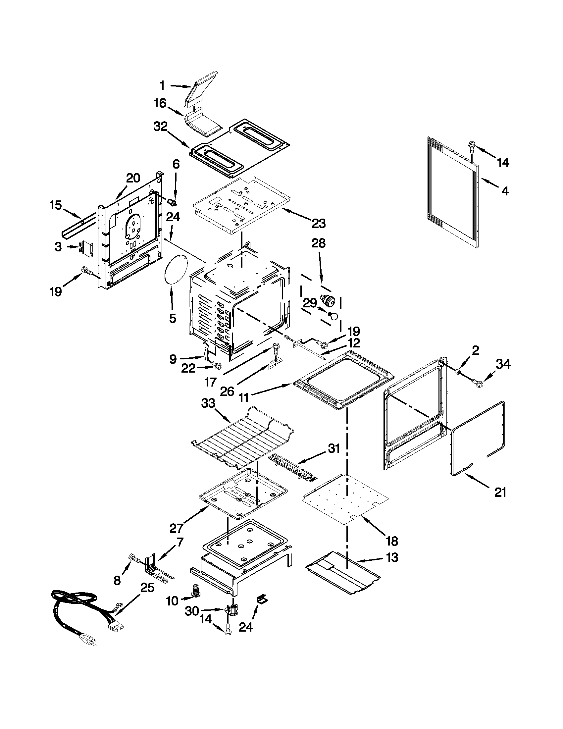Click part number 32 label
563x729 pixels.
[160, 127]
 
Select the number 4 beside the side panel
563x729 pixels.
[505, 191]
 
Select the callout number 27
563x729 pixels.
[176, 528]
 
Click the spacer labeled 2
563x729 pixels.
[459, 372]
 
